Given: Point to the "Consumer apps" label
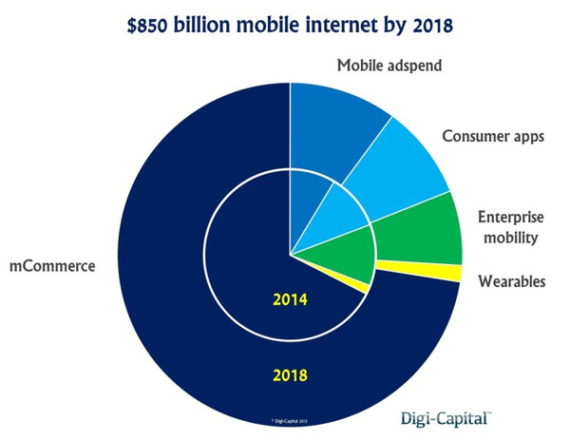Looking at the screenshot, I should (493, 136).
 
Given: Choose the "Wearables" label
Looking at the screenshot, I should (511, 282).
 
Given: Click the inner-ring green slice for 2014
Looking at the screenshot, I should (347, 257).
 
